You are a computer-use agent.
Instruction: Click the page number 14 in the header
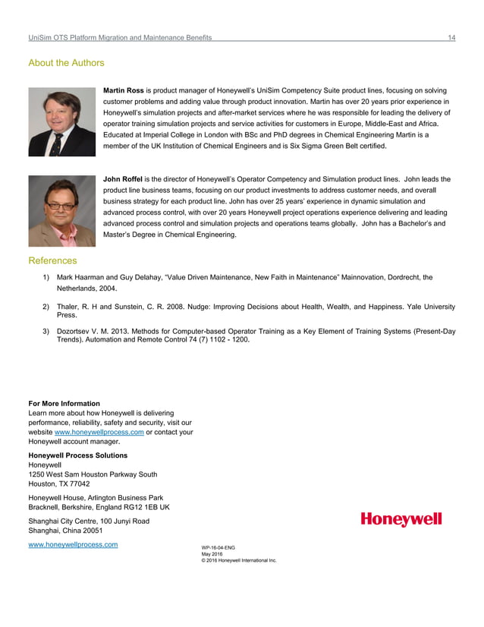[x=451, y=37]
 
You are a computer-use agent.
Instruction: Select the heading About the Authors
[x=66, y=63]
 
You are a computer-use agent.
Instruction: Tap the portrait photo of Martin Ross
[x=62, y=122]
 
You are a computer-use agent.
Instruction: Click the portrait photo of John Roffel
[x=62, y=211]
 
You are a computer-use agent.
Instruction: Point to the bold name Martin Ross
[x=124, y=90]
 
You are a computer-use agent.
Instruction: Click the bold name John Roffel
[x=124, y=179]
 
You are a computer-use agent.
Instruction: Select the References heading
[x=52, y=260]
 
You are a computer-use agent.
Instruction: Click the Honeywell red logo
[x=401, y=520]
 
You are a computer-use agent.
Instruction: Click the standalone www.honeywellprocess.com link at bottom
[x=73, y=544]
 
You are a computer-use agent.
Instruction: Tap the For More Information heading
[x=64, y=403]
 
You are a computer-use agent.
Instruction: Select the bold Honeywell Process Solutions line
[x=77, y=455]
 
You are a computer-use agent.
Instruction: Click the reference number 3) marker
[x=47, y=332]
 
